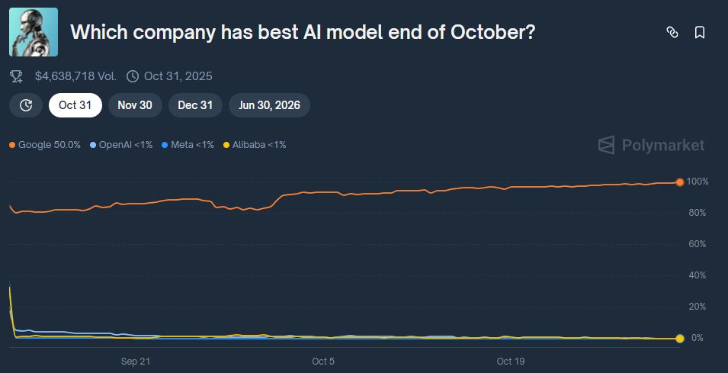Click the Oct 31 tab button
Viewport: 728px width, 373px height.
tap(75, 105)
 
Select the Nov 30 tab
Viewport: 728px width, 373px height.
tap(135, 105)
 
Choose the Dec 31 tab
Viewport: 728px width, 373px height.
tap(195, 105)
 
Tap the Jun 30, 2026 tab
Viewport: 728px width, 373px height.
tap(269, 105)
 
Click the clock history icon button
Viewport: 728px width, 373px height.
tap(26, 105)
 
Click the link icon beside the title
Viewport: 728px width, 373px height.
tap(672, 32)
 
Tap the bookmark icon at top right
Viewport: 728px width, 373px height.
tap(699, 32)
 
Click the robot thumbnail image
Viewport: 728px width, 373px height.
tap(34, 33)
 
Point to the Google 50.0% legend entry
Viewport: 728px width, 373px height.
tap(45, 144)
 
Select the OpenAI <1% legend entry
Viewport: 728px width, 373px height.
tap(121, 144)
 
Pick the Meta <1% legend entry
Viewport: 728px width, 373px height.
tap(188, 144)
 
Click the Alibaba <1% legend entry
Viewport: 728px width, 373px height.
tap(254, 144)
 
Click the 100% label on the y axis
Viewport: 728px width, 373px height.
tap(698, 182)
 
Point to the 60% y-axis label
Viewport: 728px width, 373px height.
tap(698, 244)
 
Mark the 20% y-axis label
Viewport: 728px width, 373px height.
tap(698, 307)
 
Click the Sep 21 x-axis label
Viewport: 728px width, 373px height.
tap(135, 361)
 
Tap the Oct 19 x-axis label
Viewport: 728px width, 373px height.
tap(510, 361)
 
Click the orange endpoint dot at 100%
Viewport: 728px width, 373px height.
tap(679, 182)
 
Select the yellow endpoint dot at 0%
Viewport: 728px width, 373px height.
tap(679, 338)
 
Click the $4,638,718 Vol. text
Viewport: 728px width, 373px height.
tap(75, 76)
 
